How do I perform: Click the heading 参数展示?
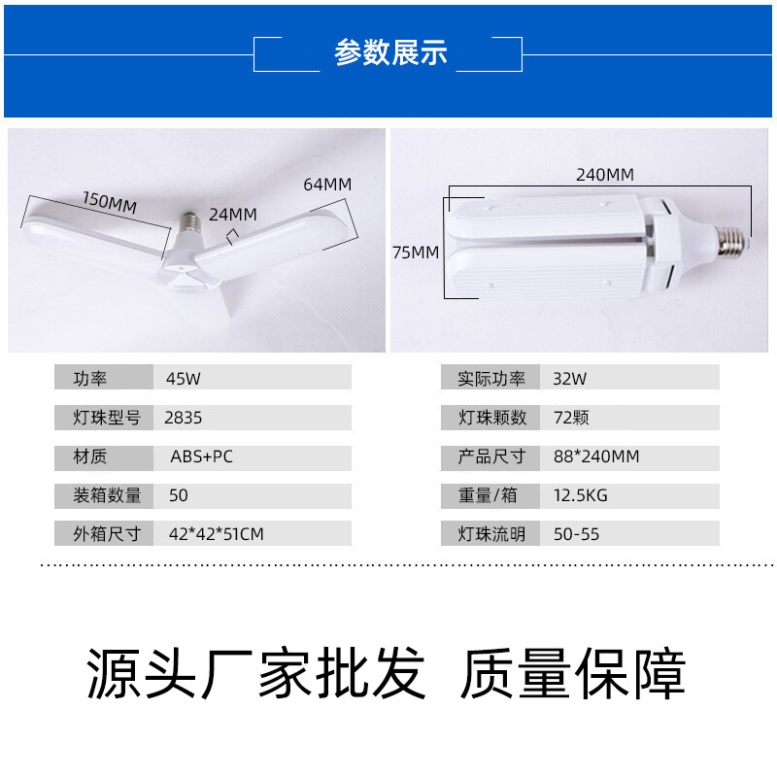tap(390, 52)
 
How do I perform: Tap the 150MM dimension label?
tap(110, 202)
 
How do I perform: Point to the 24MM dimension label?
tap(233, 215)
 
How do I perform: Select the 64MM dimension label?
tap(327, 185)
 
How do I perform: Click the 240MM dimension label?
tap(604, 175)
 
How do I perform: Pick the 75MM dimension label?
tap(416, 253)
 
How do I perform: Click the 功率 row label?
tap(89, 379)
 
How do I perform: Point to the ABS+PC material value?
tap(201, 456)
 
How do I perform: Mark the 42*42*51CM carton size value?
tap(216, 534)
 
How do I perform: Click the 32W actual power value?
tap(569, 379)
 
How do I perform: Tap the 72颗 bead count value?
tap(571, 418)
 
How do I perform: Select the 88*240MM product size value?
tap(596, 456)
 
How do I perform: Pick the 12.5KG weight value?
tap(580, 495)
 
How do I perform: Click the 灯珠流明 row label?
tap(491, 534)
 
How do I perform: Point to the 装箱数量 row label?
tap(107, 495)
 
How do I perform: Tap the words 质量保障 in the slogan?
tap(573, 673)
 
